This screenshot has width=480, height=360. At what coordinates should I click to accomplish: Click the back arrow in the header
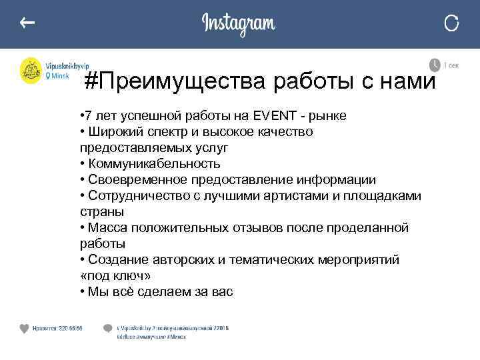coord(27,23)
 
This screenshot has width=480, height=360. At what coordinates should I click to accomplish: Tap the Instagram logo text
coord(239,24)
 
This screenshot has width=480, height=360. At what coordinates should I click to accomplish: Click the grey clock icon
coord(435,65)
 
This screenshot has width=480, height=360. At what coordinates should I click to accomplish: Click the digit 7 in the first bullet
coord(88,116)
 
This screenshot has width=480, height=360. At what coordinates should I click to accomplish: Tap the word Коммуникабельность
coord(153,164)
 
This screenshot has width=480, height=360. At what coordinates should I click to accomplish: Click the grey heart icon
coord(25,329)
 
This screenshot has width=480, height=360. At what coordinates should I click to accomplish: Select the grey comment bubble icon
coord(107,329)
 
